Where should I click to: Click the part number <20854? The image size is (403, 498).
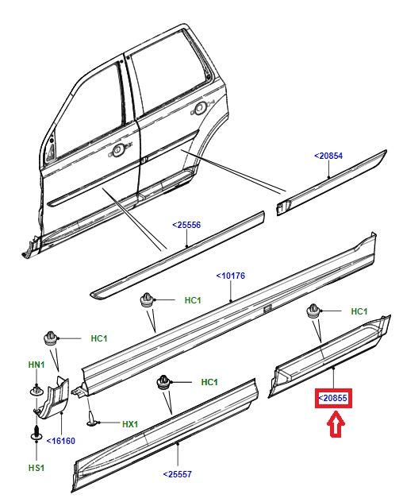(328, 156)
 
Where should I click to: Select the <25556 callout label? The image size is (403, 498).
(186, 225)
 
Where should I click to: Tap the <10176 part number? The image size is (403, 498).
(231, 276)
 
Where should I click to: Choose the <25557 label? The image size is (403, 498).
(178, 474)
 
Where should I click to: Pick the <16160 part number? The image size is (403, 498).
(61, 440)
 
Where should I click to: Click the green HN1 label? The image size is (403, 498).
(36, 365)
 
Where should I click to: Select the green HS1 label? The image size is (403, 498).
(36, 468)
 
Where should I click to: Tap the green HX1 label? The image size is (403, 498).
(129, 425)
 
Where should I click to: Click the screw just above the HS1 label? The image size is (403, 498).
(36, 435)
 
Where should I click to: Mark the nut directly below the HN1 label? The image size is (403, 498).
(36, 388)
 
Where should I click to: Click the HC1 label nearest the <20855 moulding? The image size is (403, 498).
(359, 311)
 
